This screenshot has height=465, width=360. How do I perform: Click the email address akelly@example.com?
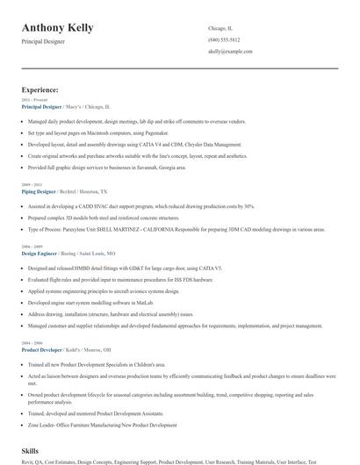230,52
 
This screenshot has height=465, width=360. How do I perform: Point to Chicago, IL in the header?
220,28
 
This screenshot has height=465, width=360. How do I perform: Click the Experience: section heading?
40,89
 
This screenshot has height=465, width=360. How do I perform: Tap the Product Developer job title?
40,349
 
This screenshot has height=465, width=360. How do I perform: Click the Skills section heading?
31,448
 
